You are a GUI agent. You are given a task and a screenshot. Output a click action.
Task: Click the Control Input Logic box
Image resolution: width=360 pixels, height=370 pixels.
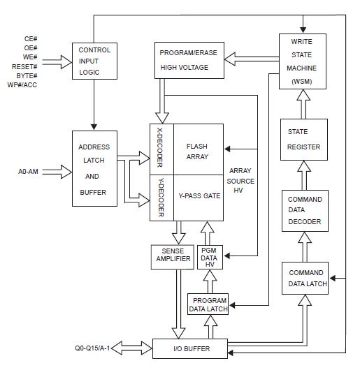click(94, 61)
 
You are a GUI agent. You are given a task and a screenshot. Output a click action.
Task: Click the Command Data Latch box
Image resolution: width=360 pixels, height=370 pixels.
click(305, 279)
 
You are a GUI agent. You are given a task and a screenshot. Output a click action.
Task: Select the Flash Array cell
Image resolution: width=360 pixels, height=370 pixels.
click(197, 151)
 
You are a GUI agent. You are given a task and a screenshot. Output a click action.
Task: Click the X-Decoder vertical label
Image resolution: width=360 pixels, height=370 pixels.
click(160, 149)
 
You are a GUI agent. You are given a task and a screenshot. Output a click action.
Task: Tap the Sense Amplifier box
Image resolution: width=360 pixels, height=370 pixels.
click(171, 257)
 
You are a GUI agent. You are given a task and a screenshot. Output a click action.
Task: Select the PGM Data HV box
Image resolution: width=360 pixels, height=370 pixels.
click(209, 257)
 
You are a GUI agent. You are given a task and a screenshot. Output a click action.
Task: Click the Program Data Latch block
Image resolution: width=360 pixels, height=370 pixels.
click(208, 305)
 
